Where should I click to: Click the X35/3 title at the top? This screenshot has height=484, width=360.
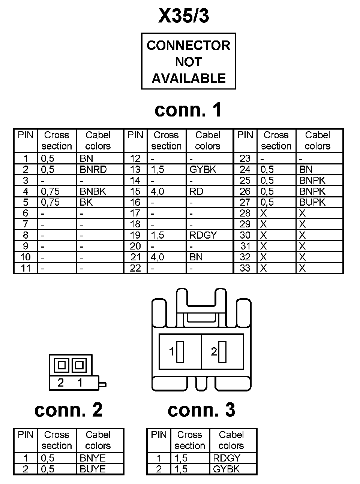pyautogui.click(x=184, y=16)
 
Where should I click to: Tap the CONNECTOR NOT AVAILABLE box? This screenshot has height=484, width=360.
pyautogui.click(x=188, y=61)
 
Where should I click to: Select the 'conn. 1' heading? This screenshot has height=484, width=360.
pyautogui.click(x=188, y=110)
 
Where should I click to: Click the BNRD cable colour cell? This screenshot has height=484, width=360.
pyautogui.click(x=93, y=169)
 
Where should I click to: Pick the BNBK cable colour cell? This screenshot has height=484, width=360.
pyautogui.click(x=93, y=191)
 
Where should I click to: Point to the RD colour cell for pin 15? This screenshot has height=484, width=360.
pyautogui.click(x=196, y=191)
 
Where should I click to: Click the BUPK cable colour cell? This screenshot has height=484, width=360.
pyautogui.click(x=312, y=202)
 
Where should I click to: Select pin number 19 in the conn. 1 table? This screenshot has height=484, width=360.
pyautogui.click(x=135, y=235)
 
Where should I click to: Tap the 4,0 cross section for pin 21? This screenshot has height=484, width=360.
pyautogui.click(x=157, y=257)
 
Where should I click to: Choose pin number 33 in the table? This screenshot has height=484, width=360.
pyautogui.click(x=245, y=268)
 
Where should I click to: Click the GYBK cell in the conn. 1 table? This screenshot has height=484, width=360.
pyautogui.click(x=203, y=169)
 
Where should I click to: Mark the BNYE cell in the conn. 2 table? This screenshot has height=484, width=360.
pyautogui.click(x=93, y=458)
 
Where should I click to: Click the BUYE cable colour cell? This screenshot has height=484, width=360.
pyautogui.click(x=93, y=469)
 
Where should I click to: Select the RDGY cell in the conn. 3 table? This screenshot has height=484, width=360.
pyautogui.click(x=226, y=458)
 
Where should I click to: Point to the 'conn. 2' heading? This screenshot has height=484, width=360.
pyautogui.click(x=68, y=410)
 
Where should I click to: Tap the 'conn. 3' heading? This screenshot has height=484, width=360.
pyautogui.click(x=201, y=410)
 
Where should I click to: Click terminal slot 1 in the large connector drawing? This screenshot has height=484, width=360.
pyautogui.click(x=180, y=352)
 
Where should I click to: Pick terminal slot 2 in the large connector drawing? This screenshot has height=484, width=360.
pyautogui.click(x=222, y=352)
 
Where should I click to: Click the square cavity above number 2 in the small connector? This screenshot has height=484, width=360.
pyautogui.click(x=61, y=365)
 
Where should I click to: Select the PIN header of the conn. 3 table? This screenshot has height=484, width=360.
pyautogui.click(x=159, y=435)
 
